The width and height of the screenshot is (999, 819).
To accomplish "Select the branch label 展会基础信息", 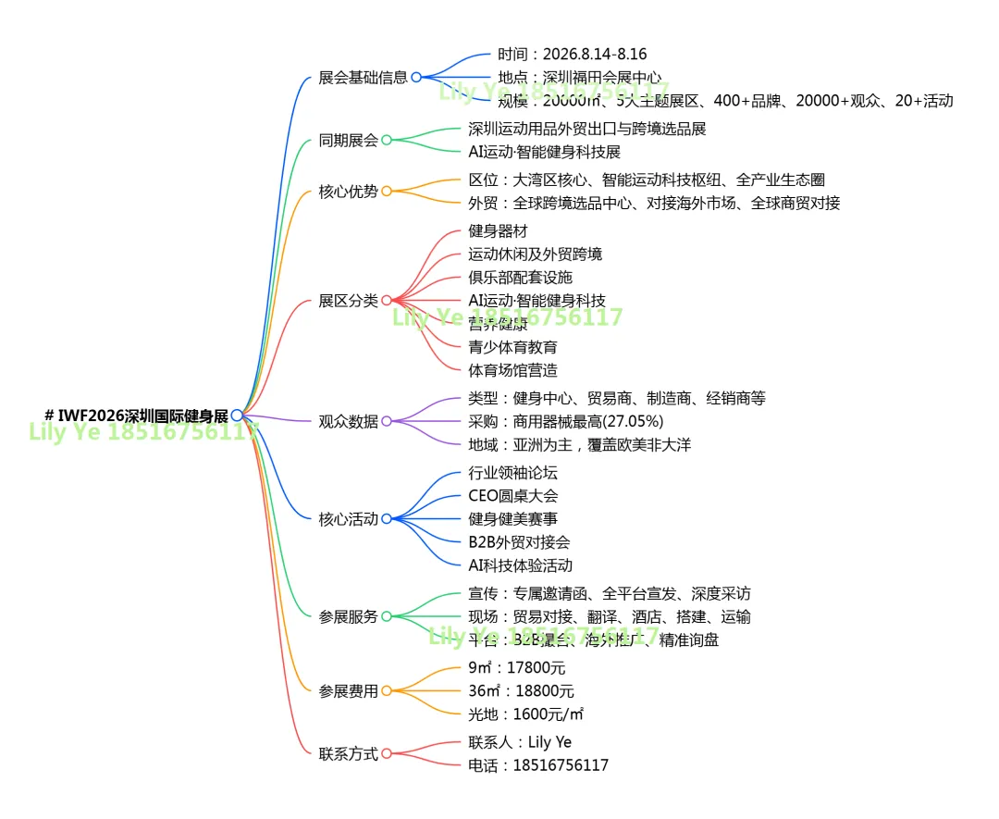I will (x=363, y=78).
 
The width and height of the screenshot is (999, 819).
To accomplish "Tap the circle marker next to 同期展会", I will (x=387, y=141).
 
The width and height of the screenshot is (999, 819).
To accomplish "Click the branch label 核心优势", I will (x=348, y=192).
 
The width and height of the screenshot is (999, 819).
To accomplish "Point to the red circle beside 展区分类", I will (x=387, y=301).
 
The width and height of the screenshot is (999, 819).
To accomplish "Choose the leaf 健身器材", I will (x=498, y=231).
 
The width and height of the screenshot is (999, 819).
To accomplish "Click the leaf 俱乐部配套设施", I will (x=520, y=278).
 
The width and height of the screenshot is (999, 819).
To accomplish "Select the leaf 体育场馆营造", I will (x=512, y=370).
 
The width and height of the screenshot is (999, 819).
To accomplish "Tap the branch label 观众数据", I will (x=348, y=422).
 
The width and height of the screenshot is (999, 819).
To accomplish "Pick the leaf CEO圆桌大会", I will (x=512, y=496).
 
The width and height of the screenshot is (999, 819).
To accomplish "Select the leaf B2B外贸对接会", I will (x=519, y=542).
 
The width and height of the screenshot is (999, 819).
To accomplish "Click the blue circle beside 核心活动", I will (x=387, y=519).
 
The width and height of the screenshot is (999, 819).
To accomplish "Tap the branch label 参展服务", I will (x=348, y=616).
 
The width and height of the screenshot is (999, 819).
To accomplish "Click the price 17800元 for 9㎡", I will (x=539, y=668).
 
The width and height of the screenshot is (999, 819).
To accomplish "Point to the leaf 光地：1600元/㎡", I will (x=525, y=714).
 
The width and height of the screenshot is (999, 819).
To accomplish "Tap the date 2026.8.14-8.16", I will (x=595, y=55).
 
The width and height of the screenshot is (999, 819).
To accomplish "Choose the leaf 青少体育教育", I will (x=512, y=347).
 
